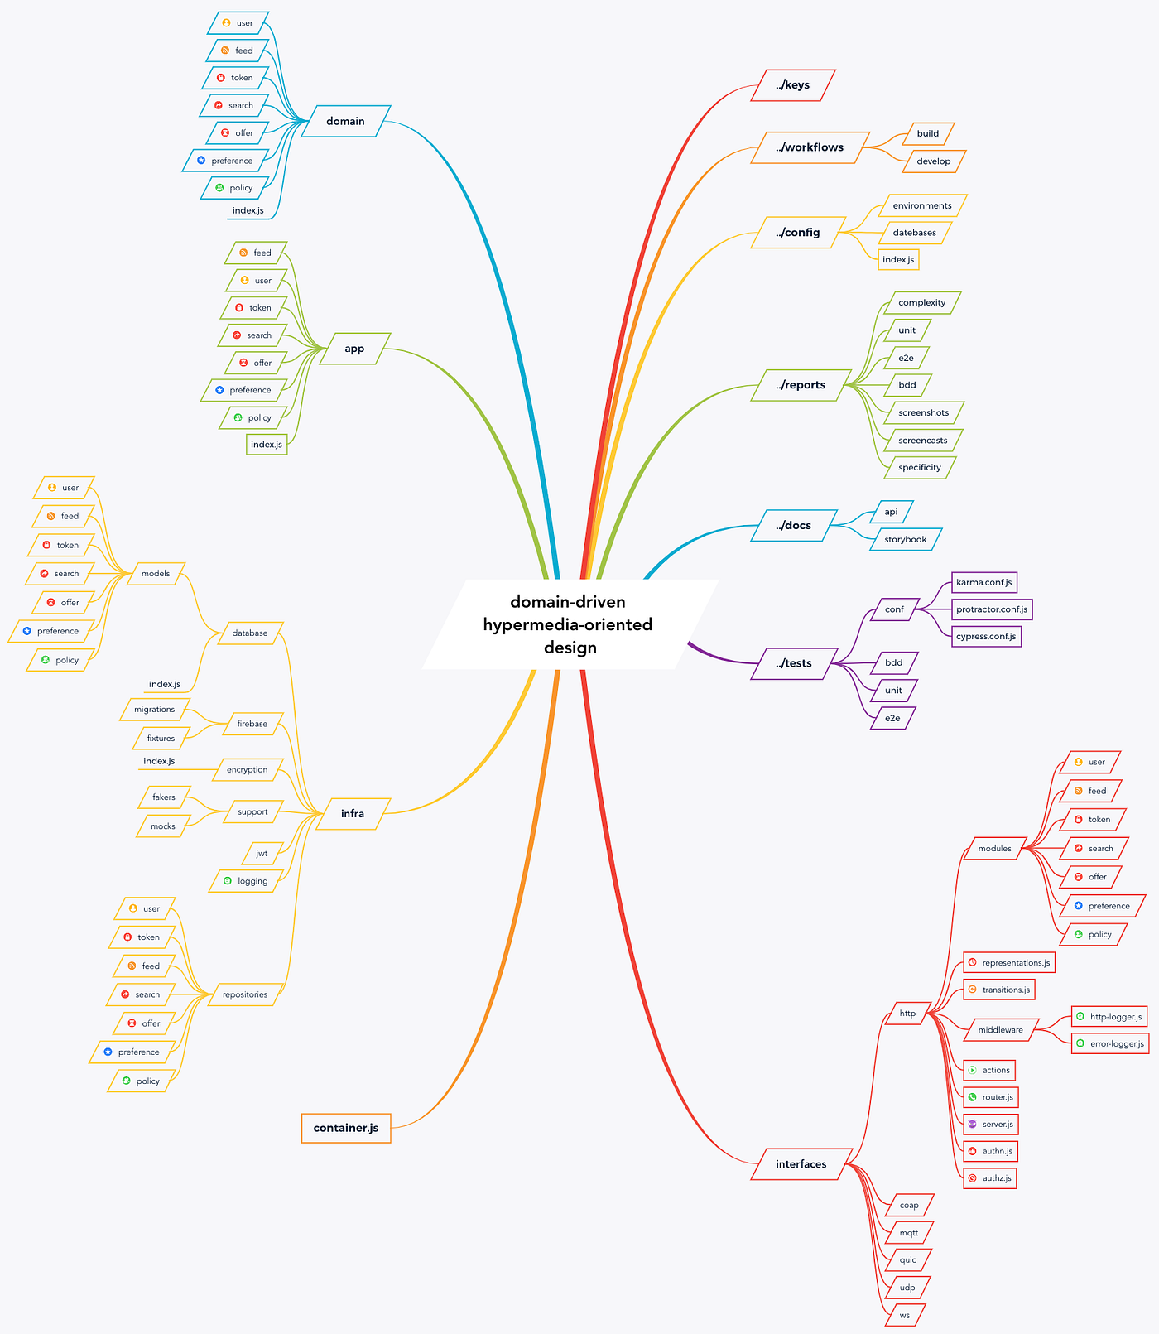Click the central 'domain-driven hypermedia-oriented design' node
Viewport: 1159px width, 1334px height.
pos(569,624)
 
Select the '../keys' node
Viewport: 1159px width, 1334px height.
pos(792,85)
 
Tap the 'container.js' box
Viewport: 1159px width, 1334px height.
pos(346,1128)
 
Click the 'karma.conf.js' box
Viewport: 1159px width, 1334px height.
pos(983,582)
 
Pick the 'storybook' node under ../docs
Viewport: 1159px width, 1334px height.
pos(906,539)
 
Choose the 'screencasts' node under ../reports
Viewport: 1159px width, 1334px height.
pos(922,441)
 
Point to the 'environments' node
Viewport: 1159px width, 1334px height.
pos(922,205)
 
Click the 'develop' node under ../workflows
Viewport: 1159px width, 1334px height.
pos(933,161)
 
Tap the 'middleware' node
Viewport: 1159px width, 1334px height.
pos(1000,1030)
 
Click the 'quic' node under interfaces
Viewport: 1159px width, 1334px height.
pos(908,1260)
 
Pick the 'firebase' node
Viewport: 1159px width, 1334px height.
pos(252,724)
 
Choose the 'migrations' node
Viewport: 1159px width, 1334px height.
pos(155,710)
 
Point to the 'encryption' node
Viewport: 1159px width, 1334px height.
pos(248,770)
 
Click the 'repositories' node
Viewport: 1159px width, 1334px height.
pos(245,994)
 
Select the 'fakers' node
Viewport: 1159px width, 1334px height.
pos(164,797)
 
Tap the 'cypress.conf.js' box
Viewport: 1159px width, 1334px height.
pos(986,636)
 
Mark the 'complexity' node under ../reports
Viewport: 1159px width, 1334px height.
pos(921,303)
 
